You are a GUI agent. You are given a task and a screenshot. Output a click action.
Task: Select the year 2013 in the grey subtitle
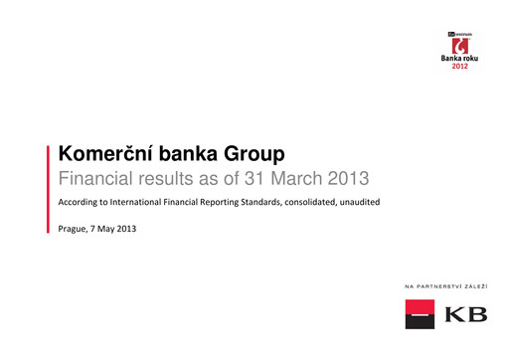[x=348, y=180]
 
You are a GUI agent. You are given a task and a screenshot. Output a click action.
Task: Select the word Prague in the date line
[x=75, y=230]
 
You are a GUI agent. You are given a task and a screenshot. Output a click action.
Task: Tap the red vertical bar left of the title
[x=50, y=189]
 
